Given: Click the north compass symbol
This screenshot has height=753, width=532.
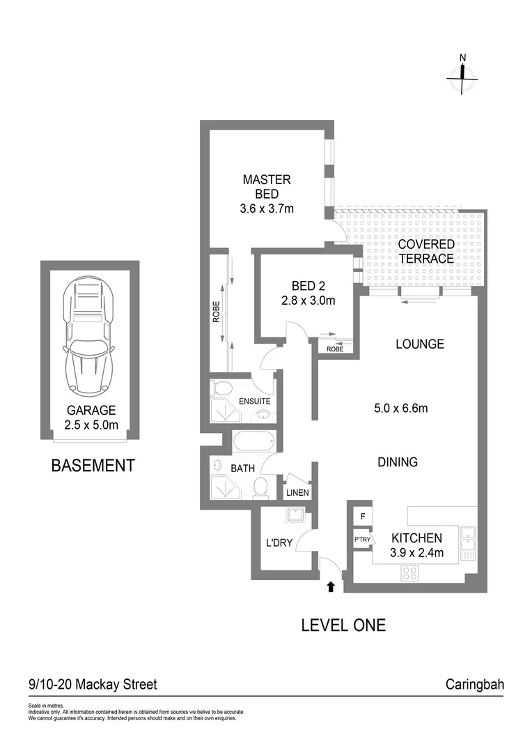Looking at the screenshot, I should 464,77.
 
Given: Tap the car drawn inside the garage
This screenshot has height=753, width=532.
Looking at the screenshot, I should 88,337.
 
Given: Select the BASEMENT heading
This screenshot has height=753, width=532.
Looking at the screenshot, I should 93,466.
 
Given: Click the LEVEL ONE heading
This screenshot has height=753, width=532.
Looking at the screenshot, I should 343,625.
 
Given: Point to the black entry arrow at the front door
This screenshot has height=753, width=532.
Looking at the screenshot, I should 331,587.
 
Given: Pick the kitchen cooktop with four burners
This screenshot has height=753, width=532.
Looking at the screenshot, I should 410,574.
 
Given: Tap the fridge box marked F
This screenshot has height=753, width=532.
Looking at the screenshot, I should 362,517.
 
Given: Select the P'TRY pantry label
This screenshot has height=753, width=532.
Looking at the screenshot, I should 361,539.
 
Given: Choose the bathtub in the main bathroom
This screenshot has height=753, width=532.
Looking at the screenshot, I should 253,442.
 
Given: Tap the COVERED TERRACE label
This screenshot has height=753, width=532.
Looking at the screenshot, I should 426,252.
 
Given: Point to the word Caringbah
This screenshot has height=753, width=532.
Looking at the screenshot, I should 474,684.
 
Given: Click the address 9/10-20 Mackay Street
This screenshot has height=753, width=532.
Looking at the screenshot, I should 93,684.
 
